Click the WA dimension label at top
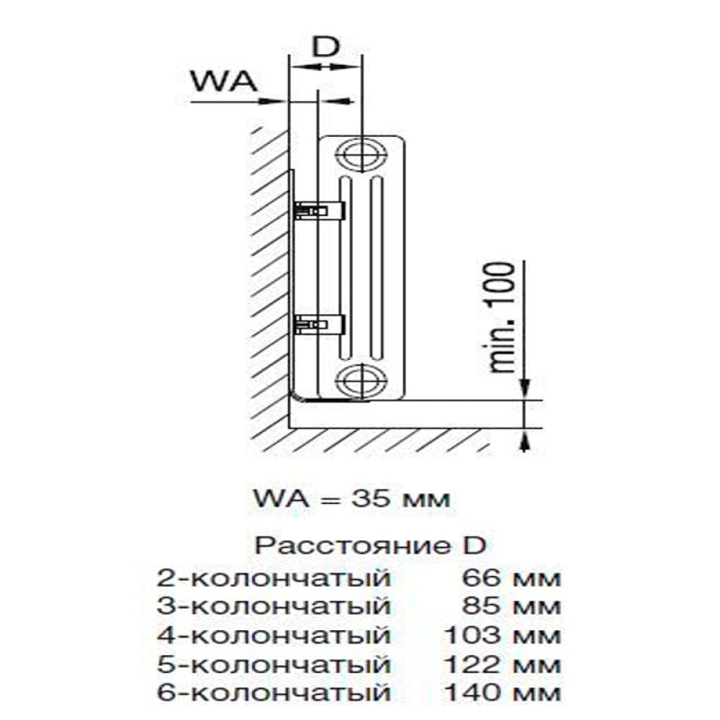coord(223,81)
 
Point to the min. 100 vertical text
coord(503,317)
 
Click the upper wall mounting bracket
coord(320,210)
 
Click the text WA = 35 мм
coord(351,498)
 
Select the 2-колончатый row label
coord(275,579)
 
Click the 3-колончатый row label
coord(275,607)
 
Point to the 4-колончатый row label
coord(275,636)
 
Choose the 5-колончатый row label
coord(275,664)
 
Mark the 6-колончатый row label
coord(275,693)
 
